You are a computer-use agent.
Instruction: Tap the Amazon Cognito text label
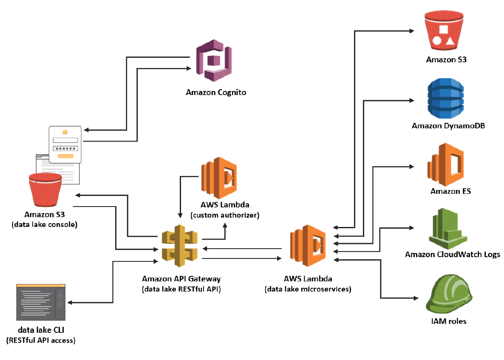coord(216,92)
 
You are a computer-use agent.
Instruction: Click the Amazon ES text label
coord(450,191)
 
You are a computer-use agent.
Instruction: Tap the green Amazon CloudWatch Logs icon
coord(447,230)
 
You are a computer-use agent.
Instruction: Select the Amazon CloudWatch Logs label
coord(453,255)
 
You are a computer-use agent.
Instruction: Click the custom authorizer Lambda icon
coord(218,178)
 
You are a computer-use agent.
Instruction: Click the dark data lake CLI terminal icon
coord(41,302)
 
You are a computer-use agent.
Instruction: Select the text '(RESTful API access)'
coord(40,340)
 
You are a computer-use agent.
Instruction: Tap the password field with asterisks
coord(65,148)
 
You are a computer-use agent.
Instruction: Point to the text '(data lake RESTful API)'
coord(181,289)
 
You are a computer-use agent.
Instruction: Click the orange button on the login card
coord(65,156)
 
